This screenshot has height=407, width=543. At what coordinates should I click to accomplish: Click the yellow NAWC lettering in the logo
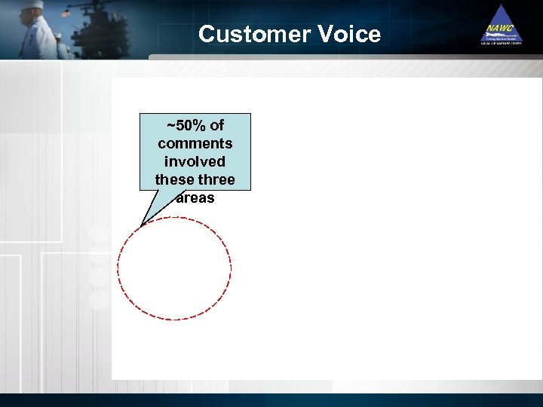pyautogui.click(x=500, y=28)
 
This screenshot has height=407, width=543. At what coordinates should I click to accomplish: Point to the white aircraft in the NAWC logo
pyautogui.click(x=501, y=35)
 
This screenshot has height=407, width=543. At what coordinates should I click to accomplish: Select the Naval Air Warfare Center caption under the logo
pyautogui.click(x=501, y=44)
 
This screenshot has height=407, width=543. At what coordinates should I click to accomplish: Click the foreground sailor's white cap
pyautogui.click(x=32, y=5)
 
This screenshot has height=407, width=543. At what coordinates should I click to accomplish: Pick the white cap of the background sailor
pyautogui.click(x=57, y=35)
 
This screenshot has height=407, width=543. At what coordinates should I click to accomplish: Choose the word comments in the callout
pyautogui.click(x=195, y=143)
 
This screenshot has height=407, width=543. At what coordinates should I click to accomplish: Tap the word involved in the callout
pyautogui.click(x=195, y=161)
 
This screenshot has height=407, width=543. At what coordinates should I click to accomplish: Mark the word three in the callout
pyautogui.click(x=217, y=179)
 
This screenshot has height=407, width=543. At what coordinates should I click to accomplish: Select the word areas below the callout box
pyautogui.click(x=195, y=197)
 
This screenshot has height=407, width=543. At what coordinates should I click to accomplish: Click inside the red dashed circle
pyautogui.click(x=174, y=268)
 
